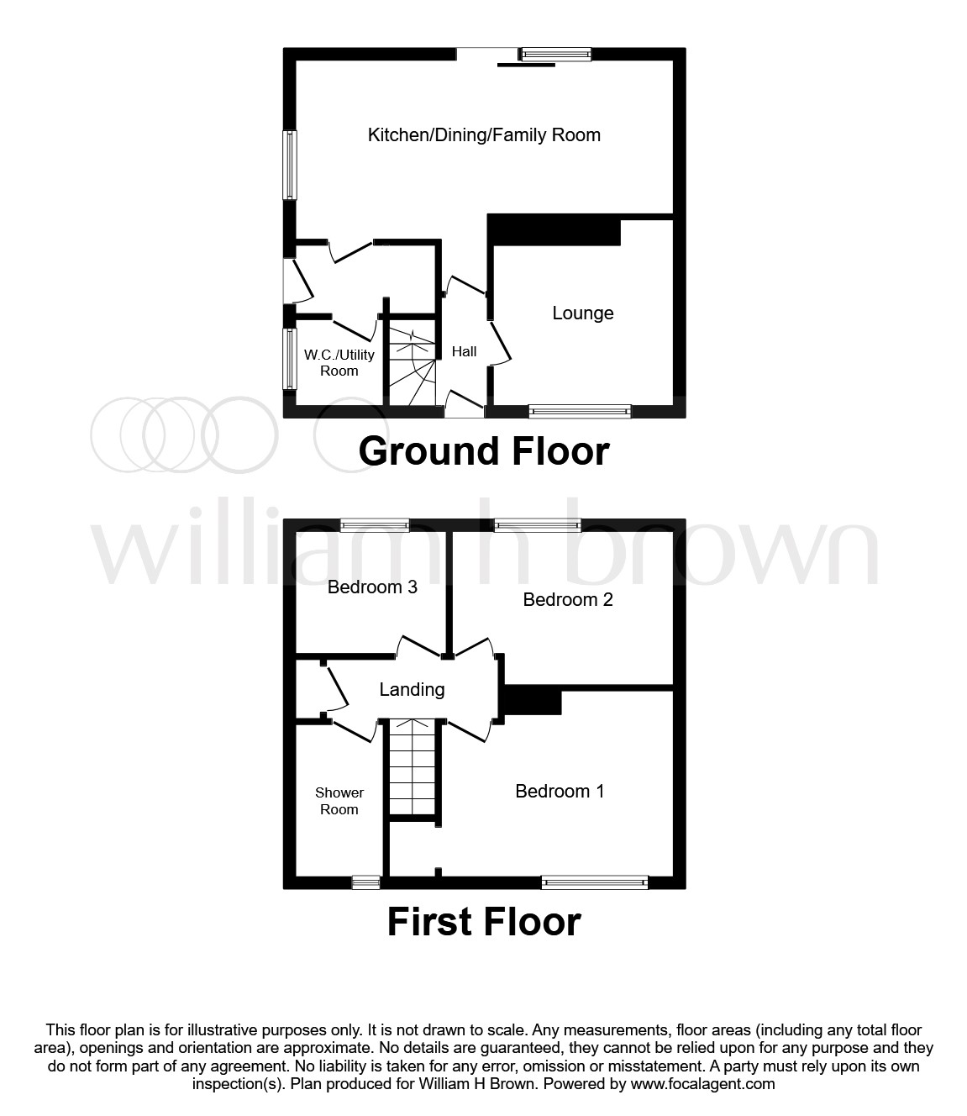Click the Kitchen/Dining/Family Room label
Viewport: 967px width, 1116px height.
[484, 134]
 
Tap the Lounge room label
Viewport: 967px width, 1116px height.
[582, 313]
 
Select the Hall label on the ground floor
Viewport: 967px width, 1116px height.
[464, 351]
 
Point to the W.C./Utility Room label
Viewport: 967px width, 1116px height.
[339, 362]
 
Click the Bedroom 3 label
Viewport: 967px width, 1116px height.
[372, 587]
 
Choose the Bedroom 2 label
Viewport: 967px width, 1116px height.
[567, 599]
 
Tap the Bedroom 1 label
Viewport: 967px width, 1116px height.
[560, 791]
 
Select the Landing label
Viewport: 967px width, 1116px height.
[412, 689]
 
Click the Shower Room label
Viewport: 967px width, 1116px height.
[339, 801]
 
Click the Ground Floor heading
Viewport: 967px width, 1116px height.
[483, 451]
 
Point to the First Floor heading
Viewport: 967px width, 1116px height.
[483, 922]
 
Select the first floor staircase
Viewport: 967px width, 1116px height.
[413, 766]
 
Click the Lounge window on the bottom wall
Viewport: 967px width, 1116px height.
[580, 411]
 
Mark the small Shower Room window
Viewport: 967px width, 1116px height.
[365, 882]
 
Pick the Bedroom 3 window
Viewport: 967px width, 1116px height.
[375, 525]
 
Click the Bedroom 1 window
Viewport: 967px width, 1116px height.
[595, 882]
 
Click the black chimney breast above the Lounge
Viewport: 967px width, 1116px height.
[554, 230]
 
